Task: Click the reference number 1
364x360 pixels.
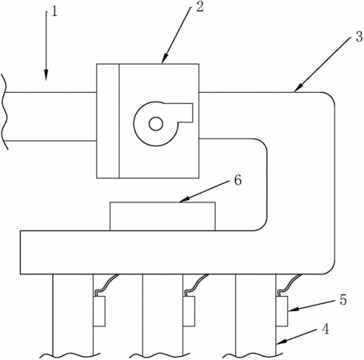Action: click(x=54, y=12)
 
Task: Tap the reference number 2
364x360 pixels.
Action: click(x=199, y=7)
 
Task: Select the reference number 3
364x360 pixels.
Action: click(x=359, y=37)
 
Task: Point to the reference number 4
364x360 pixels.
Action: click(x=325, y=329)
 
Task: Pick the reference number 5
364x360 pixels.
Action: click(x=343, y=300)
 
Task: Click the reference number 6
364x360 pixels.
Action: click(x=238, y=180)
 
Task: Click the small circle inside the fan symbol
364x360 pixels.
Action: click(x=156, y=124)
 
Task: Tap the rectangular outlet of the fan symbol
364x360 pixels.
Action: click(x=185, y=113)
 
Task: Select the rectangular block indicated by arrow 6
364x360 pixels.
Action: click(x=162, y=216)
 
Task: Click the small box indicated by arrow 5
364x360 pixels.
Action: click(x=282, y=311)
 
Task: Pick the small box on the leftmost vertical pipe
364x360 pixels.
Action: click(x=99, y=311)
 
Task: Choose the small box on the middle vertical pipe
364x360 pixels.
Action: click(x=189, y=311)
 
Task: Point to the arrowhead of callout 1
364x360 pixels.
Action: click(x=46, y=75)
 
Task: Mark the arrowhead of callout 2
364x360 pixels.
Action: click(x=165, y=59)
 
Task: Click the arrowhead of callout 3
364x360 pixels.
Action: click(x=298, y=88)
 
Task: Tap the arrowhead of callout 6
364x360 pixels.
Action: click(x=184, y=199)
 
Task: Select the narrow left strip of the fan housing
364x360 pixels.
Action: click(x=108, y=121)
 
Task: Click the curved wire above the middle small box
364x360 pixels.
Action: click(x=197, y=285)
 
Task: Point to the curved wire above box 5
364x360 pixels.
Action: click(x=290, y=285)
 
